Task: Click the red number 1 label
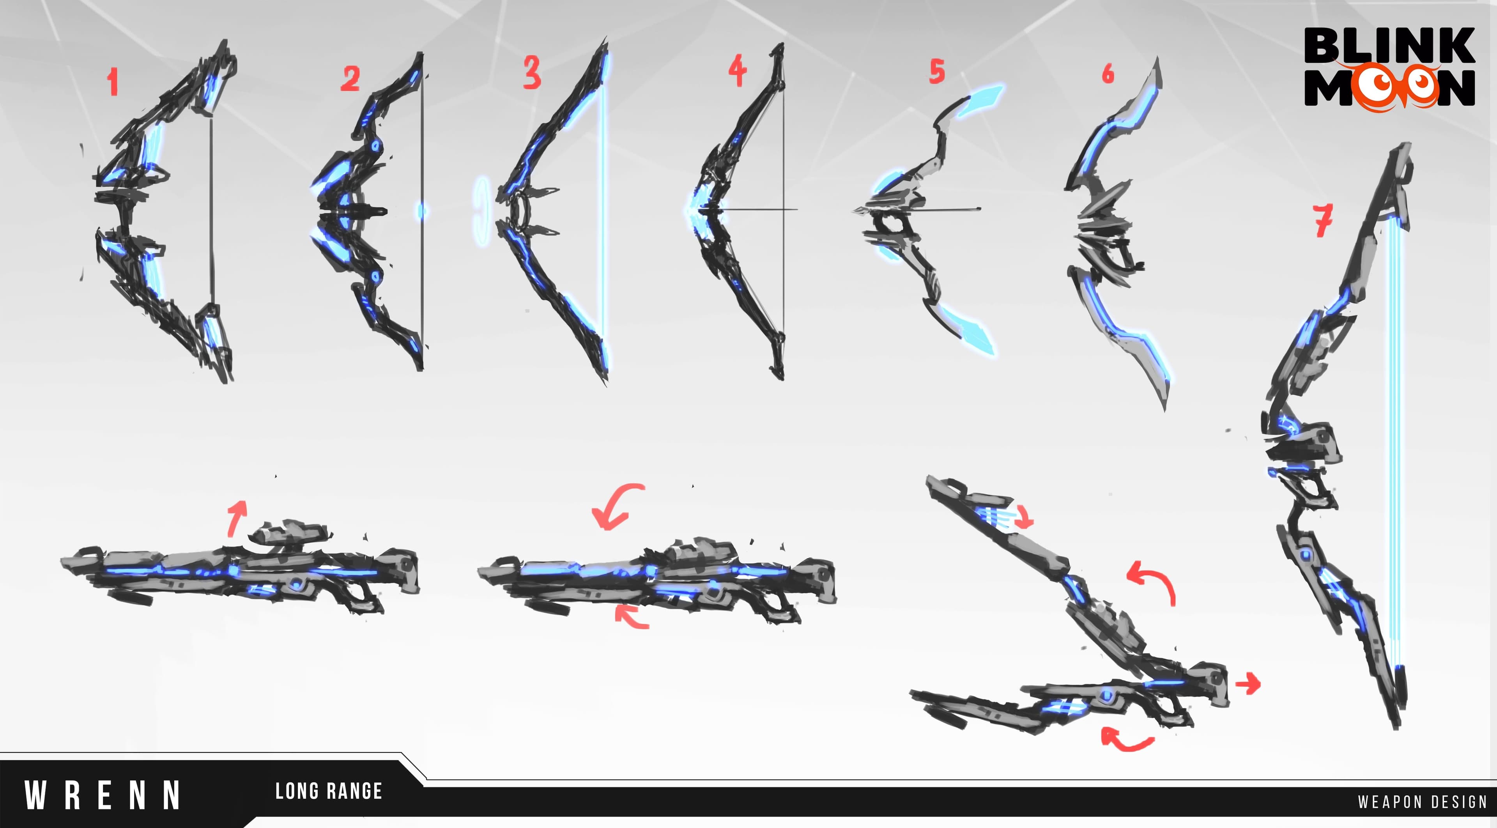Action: [x=113, y=82]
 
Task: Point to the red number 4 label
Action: [x=738, y=70]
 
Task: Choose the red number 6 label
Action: [x=1108, y=74]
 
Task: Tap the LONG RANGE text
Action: [x=328, y=791]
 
